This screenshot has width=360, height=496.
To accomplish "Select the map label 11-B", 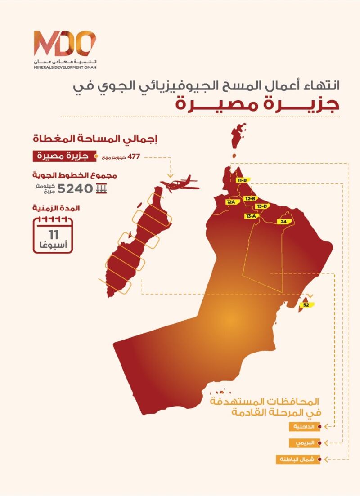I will pos(242,180).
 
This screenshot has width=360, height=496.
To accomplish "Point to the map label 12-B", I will pos(250,198).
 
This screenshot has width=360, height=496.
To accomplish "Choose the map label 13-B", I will pos(262,206).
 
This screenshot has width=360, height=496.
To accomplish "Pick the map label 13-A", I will pos(251,216).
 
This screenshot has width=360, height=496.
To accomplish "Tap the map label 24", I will pos(283,222).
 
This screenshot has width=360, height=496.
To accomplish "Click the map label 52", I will pos(306,304).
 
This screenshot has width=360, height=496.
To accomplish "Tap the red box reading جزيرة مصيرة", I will pos(60,157).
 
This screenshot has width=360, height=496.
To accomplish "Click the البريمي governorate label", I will pos(305,443).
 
